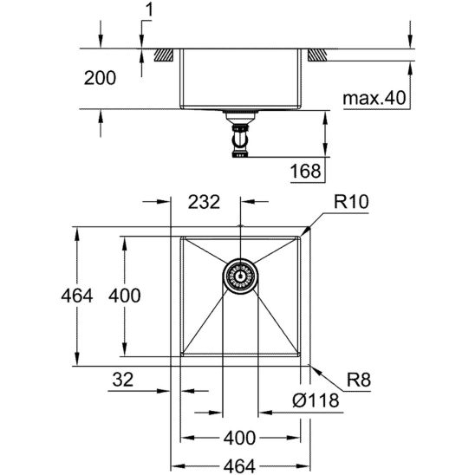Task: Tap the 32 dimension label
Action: tap(124, 378)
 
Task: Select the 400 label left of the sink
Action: tap(122, 296)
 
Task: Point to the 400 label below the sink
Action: tap(239, 437)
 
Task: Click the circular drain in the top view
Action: tap(239, 276)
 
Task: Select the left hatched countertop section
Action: tap(163, 55)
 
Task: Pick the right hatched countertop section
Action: tap(316, 55)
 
